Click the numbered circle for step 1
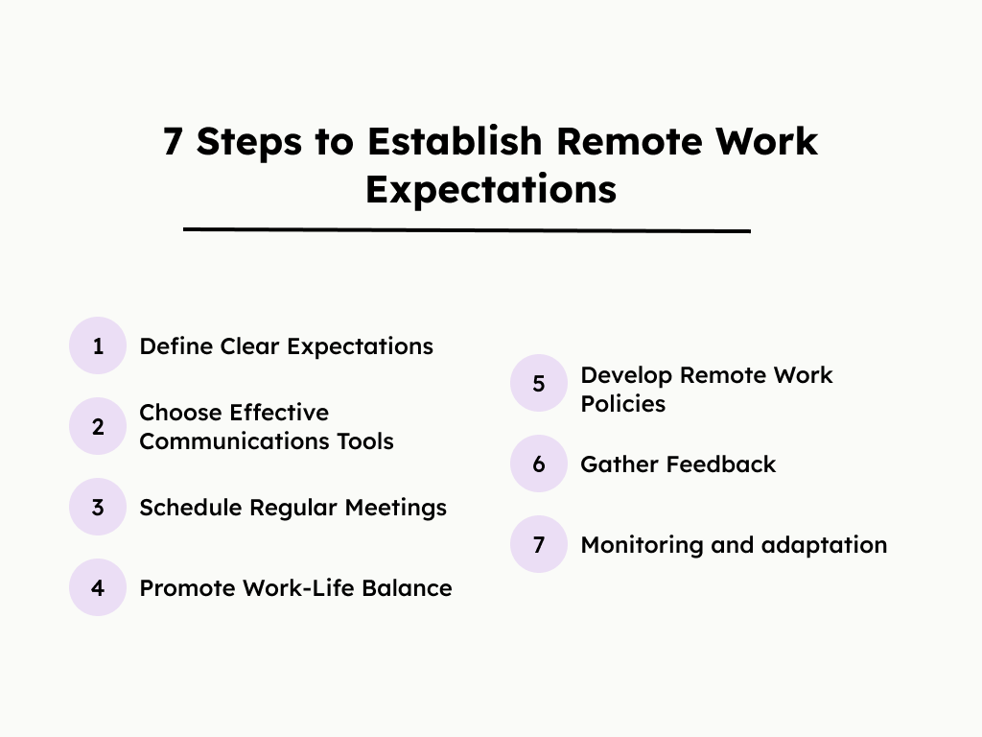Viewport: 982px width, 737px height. click(x=98, y=345)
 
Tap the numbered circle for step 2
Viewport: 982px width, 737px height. click(x=98, y=426)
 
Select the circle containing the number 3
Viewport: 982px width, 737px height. click(x=98, y=507)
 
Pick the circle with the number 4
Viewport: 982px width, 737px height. click(x=98, y=587)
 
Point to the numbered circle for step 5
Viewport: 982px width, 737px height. click(x=539, y=384)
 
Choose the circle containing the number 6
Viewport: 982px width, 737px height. click(x=539, y=464)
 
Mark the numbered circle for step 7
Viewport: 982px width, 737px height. click(x=539, y=545)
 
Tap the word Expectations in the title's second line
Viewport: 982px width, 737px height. click(x=491, y=188)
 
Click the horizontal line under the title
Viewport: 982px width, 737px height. click(x=466, y=230)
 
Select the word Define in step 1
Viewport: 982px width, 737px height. click(x=176, y=345)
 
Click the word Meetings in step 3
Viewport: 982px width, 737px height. click(x=397, y=507)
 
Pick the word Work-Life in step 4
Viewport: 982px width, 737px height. click(x=294, y=587)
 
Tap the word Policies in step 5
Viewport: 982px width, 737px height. click(x=622, y=404)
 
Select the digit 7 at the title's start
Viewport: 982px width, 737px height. click(x=173, y=141)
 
